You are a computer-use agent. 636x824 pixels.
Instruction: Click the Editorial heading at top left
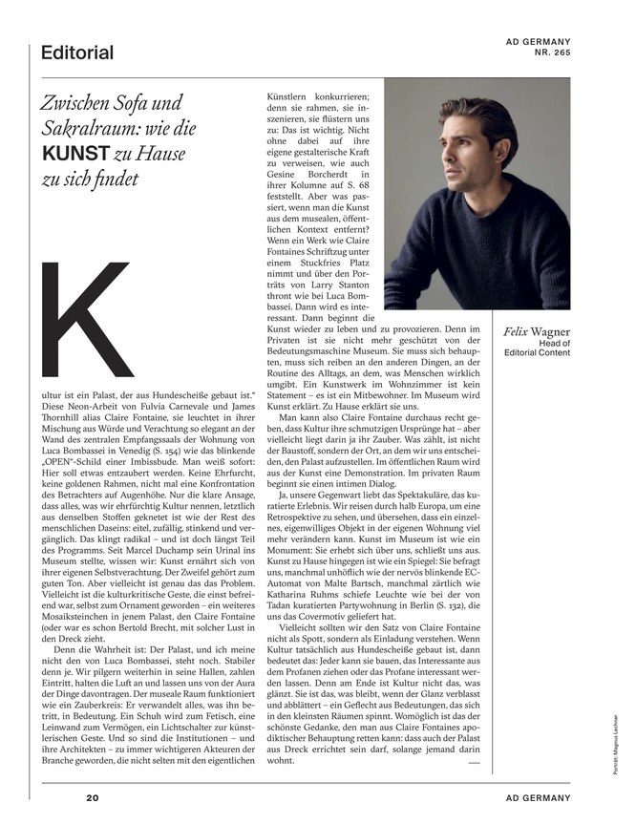tap(76, 53)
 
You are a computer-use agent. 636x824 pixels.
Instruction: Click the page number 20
tap(92, 797)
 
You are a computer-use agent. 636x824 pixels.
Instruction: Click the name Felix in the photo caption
tap(519, 331)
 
